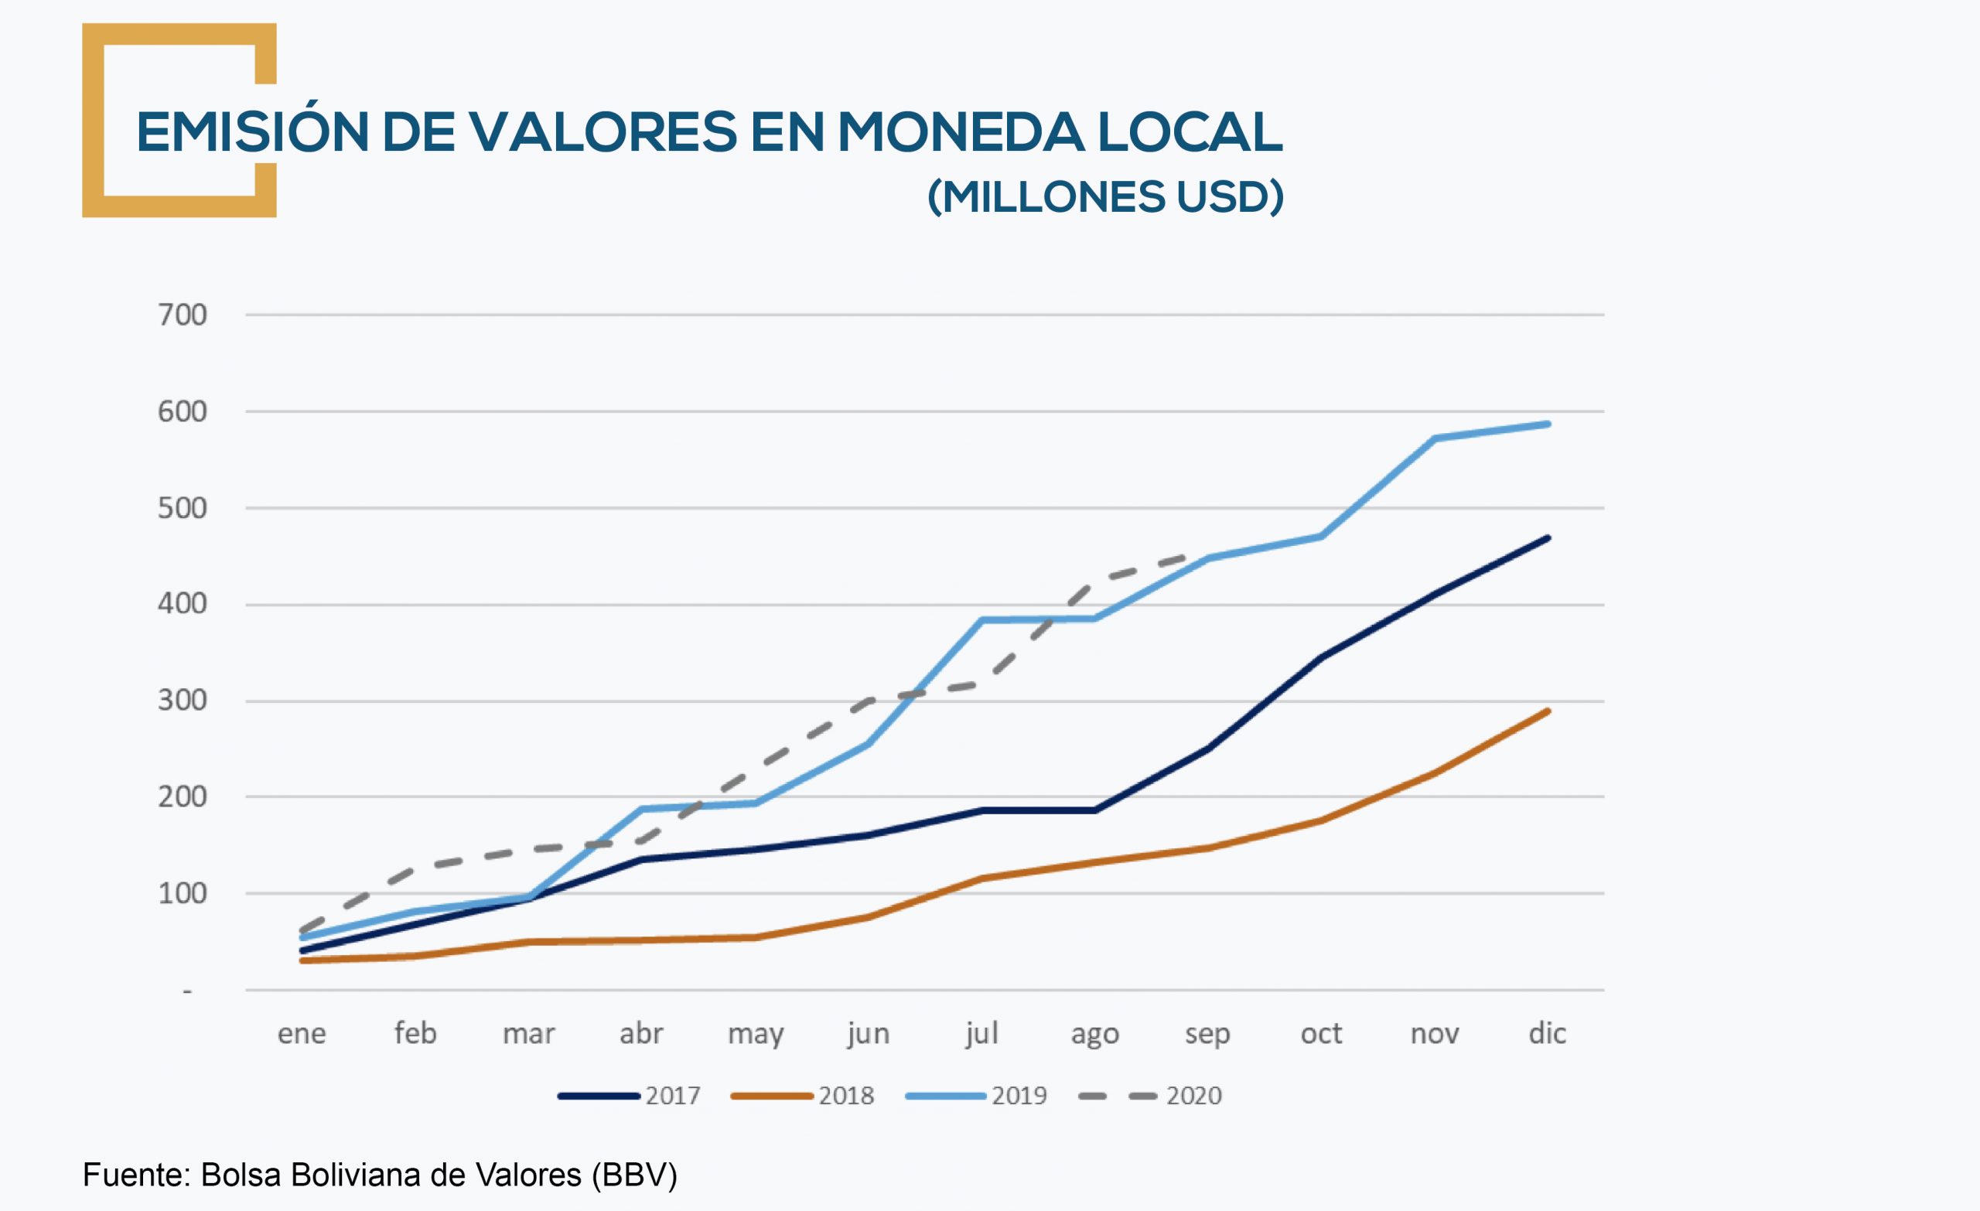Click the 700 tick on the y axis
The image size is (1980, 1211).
182,315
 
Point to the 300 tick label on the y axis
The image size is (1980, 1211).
182,701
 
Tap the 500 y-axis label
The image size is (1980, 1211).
182,508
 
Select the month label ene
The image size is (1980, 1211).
302,1033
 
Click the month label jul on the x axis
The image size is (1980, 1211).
981,1033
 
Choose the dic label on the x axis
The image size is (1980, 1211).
1547,1033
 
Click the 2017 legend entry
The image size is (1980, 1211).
630,1096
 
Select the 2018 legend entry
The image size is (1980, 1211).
803,1096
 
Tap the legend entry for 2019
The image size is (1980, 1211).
976,1096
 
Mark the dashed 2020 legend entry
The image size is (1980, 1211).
1151,1096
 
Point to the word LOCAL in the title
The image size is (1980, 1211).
1190,131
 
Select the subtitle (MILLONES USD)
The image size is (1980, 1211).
1105,197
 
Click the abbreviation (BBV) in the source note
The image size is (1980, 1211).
634,1175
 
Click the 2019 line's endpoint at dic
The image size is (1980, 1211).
1548,425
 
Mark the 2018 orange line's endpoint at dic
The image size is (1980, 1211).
1548,711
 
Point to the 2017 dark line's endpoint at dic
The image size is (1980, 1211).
1548,537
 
